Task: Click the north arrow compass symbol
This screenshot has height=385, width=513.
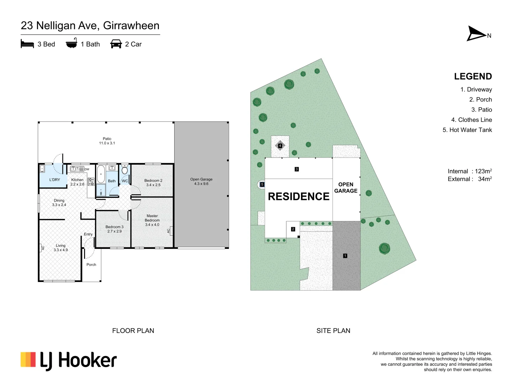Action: point(477,34)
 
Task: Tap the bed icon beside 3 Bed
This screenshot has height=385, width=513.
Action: point(27,44)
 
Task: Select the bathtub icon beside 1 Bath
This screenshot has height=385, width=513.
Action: point(72,43)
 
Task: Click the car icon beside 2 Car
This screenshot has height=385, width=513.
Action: point(116,44)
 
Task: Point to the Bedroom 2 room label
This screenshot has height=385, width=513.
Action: point(153,183)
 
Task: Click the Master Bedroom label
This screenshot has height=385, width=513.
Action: point(152,220)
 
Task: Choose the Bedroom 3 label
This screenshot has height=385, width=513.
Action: point(114,229)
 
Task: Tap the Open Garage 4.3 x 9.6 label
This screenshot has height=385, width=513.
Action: point(201,181)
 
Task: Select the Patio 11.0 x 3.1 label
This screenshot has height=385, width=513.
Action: point(107,141)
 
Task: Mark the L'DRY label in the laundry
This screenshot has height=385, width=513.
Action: point(55,180)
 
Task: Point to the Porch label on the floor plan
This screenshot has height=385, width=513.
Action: point(91,265)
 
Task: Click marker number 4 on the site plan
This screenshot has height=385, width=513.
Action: point(280,145)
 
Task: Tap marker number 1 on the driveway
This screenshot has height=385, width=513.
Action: point(345,256)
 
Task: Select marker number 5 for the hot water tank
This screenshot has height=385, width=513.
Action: point(262,184)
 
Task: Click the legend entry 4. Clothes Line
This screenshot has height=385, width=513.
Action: point(471,120)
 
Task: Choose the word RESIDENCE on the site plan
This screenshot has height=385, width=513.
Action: point(299,196)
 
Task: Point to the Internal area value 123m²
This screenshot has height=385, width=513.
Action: point(483,171)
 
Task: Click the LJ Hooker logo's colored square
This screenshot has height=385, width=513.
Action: point(28,360)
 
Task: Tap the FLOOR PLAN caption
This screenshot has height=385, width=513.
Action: point(133,330)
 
